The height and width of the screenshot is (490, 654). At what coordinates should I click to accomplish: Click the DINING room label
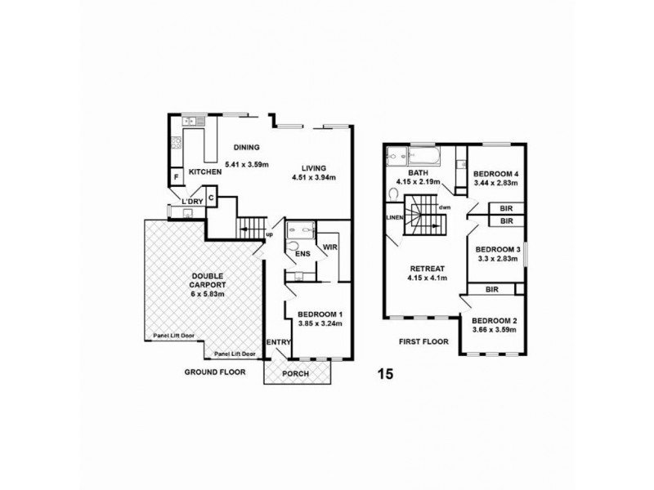click(x=245, y=148)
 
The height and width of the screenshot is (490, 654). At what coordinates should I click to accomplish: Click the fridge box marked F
click(x=176, y=177)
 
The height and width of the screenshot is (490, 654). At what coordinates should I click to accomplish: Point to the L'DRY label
click(x=191, y=202)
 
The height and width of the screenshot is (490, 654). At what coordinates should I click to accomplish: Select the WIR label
click(x=330, y=245)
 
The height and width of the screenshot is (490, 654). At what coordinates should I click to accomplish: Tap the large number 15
click(x=385, y=375)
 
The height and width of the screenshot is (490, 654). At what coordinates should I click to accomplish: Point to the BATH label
click(x=419, y=172)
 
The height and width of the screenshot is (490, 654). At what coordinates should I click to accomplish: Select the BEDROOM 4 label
click(x=496, y=174)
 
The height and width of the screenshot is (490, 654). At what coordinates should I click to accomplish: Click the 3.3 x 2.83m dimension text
click(x=497, y=260)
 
